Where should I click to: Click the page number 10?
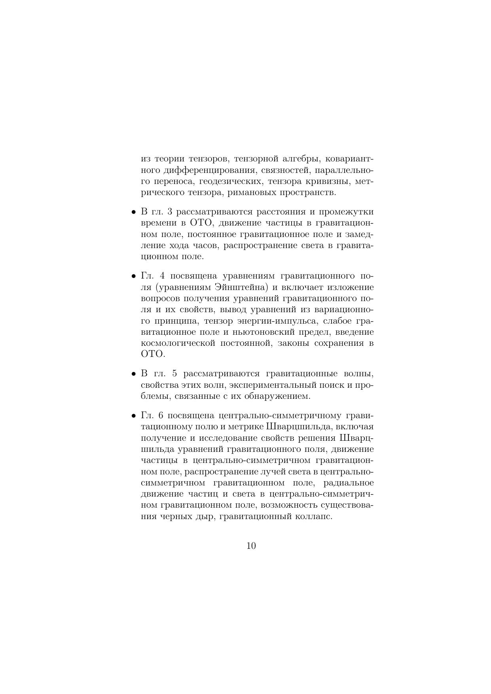click(251, 546)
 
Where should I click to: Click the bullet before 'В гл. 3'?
click(134, 212)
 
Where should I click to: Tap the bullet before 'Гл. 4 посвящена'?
click(134, 276)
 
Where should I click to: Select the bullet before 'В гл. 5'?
click(134, 374)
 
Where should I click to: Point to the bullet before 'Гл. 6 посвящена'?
click(134, 416)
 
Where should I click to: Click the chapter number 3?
click(170, 212)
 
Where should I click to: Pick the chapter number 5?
click(175, 374)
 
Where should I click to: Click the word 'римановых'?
click(255, 193)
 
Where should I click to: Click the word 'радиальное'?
click(349, 483)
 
